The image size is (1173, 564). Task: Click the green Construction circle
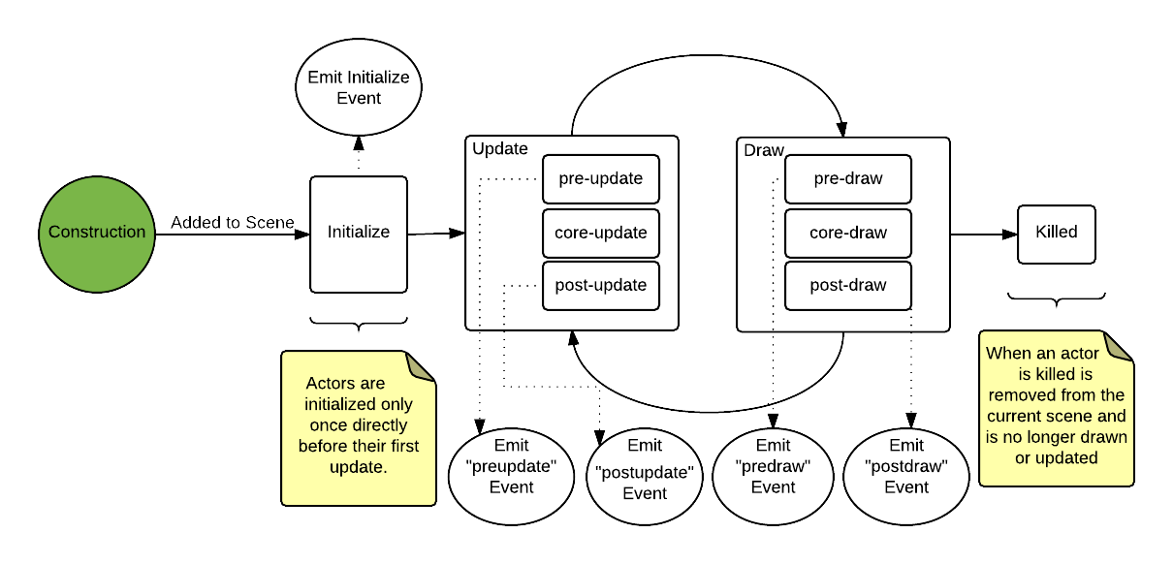click(97, 234)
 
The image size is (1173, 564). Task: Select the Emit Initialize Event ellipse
click(359, 87)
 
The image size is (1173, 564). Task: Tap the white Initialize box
click(359, 234)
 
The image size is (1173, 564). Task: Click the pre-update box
click(600, 179)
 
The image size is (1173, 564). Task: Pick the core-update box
click(600, 233)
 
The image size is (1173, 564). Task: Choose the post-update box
click(600, 286)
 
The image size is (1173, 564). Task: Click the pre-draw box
click(848, 179)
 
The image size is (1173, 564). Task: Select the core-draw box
click(848, 233)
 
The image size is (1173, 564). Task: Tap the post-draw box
click(848, 286)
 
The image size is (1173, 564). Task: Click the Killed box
click(1056, 234)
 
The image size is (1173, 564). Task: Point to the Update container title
click(500, 149)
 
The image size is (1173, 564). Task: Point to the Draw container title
click(763, 151)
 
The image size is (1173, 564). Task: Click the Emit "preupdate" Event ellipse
click(511, 466)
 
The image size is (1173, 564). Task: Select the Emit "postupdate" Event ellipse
click(645, 470)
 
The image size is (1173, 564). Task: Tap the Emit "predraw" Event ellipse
click(773, 466)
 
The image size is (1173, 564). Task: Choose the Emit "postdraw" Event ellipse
click(906, 466)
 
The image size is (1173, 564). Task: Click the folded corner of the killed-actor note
click(1120, 346)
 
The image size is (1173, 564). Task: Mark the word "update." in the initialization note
click(358, 467)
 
